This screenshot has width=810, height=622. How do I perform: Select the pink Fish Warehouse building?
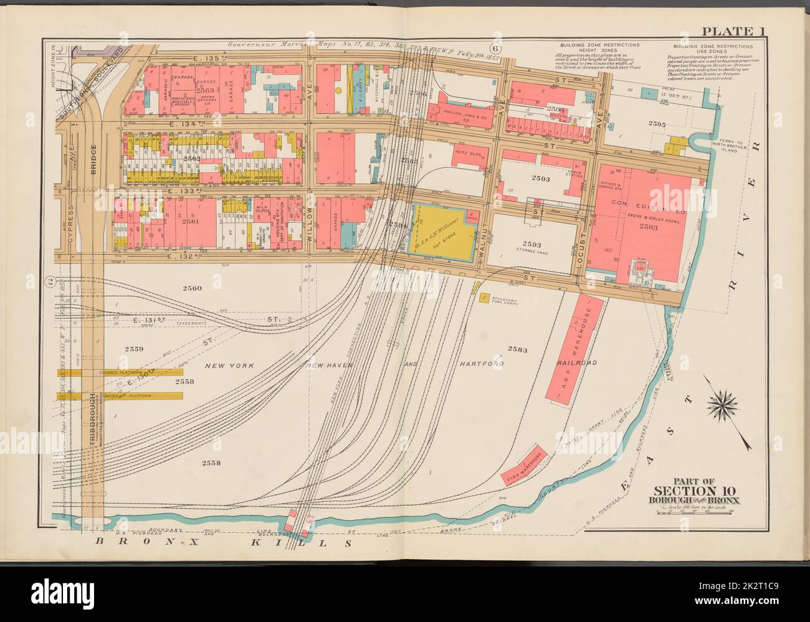point(524,464)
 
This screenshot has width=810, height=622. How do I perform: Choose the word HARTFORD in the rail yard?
point(481,364)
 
